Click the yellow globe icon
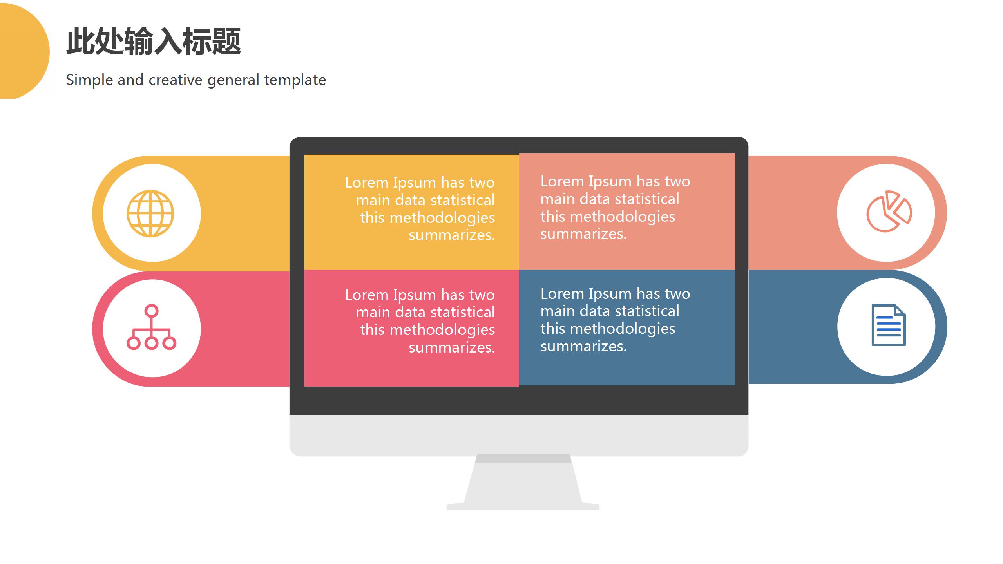tap(150, 213)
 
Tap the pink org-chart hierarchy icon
tap(151, 327)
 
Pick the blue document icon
tap(889, 325)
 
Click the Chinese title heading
tap(154, 41)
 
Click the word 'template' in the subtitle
tap(295, 80)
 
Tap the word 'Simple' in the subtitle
tap(90, 80)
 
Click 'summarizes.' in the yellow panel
tap(452, 235)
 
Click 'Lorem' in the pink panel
tap(367, 295)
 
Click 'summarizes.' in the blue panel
tap(584, 346)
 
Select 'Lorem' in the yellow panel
tap(367, 183)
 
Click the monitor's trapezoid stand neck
tap(523, 478)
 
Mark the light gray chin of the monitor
tap(519, 435)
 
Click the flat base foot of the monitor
tap(523, 506)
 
